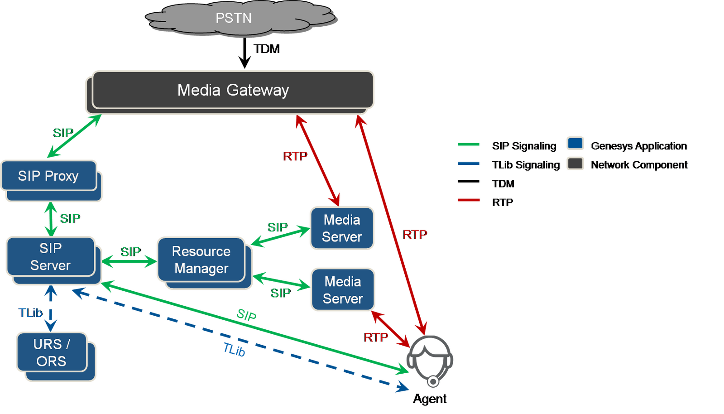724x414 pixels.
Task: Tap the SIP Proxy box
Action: click(x=51, y=180)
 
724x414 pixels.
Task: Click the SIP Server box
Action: click(x=53, y=261)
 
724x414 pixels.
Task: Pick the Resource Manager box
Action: click(x=205, y=263)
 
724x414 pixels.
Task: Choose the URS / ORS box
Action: click(x=56, y=357)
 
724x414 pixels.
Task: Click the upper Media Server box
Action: click(x=342, y=228)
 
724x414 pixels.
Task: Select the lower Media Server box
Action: click(x=343, y=289)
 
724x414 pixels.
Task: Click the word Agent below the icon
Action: click(x=430, y=399)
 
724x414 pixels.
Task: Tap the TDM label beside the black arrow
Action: click(x=266, y=49)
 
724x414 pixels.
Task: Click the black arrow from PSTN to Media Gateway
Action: click(x=245, y=53)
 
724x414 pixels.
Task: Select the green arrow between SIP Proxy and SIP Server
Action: click(x=51, y=219)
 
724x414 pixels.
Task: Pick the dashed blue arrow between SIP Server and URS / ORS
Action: click(x=51, y=308)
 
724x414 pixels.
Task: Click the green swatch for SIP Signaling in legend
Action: click(x=468, y=144)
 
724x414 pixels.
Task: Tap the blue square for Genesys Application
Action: click(x=575, y=143)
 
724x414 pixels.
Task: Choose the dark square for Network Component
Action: click(x=575, y=164)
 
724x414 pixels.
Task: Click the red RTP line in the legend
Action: click(x=469, y=200)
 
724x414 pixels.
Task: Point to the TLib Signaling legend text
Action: click(x=526, y=165)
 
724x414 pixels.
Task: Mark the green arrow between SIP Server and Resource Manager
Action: click(x=129, y=261)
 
